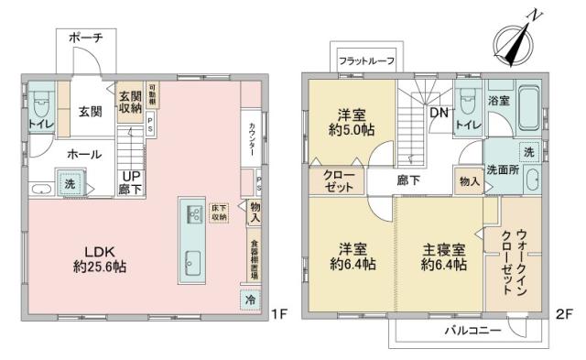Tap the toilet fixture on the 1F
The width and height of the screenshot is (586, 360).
coord(38,102)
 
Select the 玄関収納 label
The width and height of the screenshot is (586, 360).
coord(129,99)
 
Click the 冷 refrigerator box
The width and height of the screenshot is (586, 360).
coord(249,299)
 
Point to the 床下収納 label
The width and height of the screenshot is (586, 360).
coord(219,213)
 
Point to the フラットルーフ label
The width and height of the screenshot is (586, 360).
coord(366,60)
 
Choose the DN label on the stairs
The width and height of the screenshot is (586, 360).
coord(438,114)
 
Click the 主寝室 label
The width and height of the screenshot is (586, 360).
coord(444,247)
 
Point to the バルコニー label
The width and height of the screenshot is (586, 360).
coord(473,329)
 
